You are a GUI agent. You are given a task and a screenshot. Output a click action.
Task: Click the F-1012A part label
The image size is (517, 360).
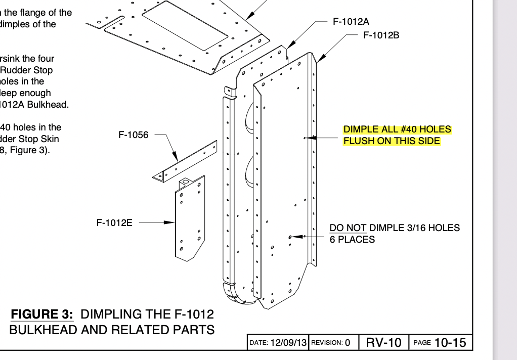(x=351, y=22)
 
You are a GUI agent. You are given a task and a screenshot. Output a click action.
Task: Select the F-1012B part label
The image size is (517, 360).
(x=381, y=35)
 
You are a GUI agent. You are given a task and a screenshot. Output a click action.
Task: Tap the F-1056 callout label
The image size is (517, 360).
(x=134, y=135)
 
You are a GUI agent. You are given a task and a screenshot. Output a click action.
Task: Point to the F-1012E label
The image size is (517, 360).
(x=114, y=222)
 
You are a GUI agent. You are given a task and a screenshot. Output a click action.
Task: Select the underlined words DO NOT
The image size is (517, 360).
(x=348, y=228)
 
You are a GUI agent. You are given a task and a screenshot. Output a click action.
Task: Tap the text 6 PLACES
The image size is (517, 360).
(x=352, y=240)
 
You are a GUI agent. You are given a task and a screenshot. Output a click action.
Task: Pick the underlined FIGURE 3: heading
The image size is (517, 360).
(x=42, y=314)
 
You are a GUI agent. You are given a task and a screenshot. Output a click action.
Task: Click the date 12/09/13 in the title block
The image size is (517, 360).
(x=288, y=342)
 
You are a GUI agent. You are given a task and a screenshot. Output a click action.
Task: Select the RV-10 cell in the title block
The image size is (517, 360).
(x=383, y=342)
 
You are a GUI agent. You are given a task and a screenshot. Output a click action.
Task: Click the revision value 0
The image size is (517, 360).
(x=348, y=342)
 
